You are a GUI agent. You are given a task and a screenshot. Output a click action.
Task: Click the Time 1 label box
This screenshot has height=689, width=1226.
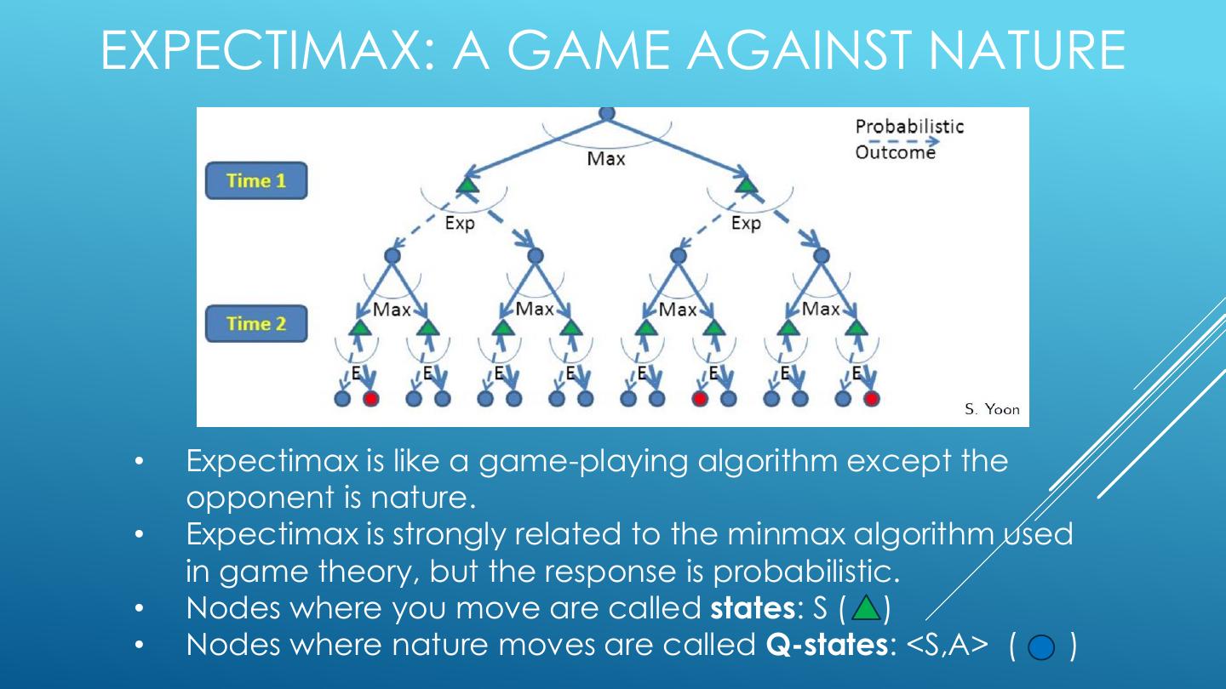coord(255,181)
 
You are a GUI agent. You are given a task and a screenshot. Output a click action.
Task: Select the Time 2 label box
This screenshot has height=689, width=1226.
coord(255,324)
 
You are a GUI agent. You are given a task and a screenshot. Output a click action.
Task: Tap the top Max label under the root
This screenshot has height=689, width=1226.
coord(605,158)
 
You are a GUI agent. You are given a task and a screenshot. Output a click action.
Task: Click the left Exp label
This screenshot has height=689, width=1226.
coord(460,224)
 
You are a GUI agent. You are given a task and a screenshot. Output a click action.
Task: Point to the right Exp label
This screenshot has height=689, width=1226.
coord(746,224)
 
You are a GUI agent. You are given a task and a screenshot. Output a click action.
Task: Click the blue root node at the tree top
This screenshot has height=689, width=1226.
coord(606,112)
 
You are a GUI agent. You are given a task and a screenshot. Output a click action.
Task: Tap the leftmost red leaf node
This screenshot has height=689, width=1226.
coord(370,397)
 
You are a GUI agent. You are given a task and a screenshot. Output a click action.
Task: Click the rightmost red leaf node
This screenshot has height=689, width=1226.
coord(871,397)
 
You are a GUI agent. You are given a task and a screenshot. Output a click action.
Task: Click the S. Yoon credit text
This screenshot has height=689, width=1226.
coord(992,409)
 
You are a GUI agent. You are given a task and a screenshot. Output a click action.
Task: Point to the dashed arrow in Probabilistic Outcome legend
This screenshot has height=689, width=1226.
coord(896,141)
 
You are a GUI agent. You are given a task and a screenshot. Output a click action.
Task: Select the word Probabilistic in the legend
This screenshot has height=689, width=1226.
coord(909,127)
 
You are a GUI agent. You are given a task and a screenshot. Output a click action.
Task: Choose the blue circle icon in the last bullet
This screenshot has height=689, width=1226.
coord(1040,647)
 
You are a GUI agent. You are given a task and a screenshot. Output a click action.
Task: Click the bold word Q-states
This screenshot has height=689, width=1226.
coord(822,645)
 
